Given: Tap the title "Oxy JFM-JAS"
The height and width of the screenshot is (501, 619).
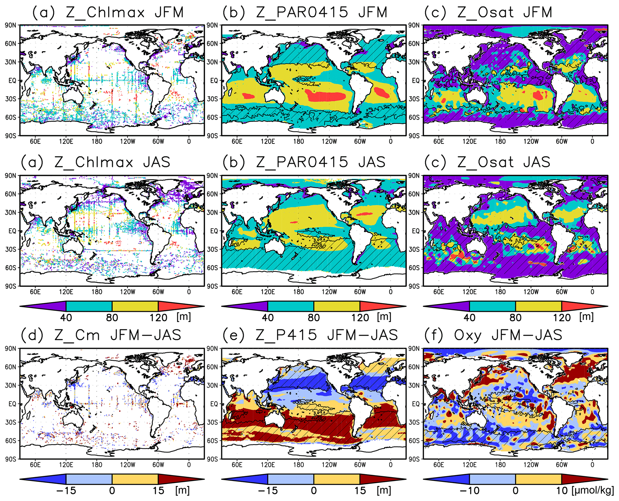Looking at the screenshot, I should click(508, 335).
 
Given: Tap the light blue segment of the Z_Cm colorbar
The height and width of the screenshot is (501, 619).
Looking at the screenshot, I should click(89, 479).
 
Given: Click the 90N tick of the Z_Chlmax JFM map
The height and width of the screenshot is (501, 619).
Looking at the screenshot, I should click(10, 25).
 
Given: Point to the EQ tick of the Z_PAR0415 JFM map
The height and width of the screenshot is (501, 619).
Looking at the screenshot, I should click(214, 81).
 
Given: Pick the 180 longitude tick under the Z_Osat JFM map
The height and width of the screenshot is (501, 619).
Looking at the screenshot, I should click(500, 141).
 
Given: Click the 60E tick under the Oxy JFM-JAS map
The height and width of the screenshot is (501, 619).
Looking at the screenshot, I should click(438, 465).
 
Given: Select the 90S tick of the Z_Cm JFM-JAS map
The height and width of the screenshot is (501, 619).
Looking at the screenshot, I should click(10, 459).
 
